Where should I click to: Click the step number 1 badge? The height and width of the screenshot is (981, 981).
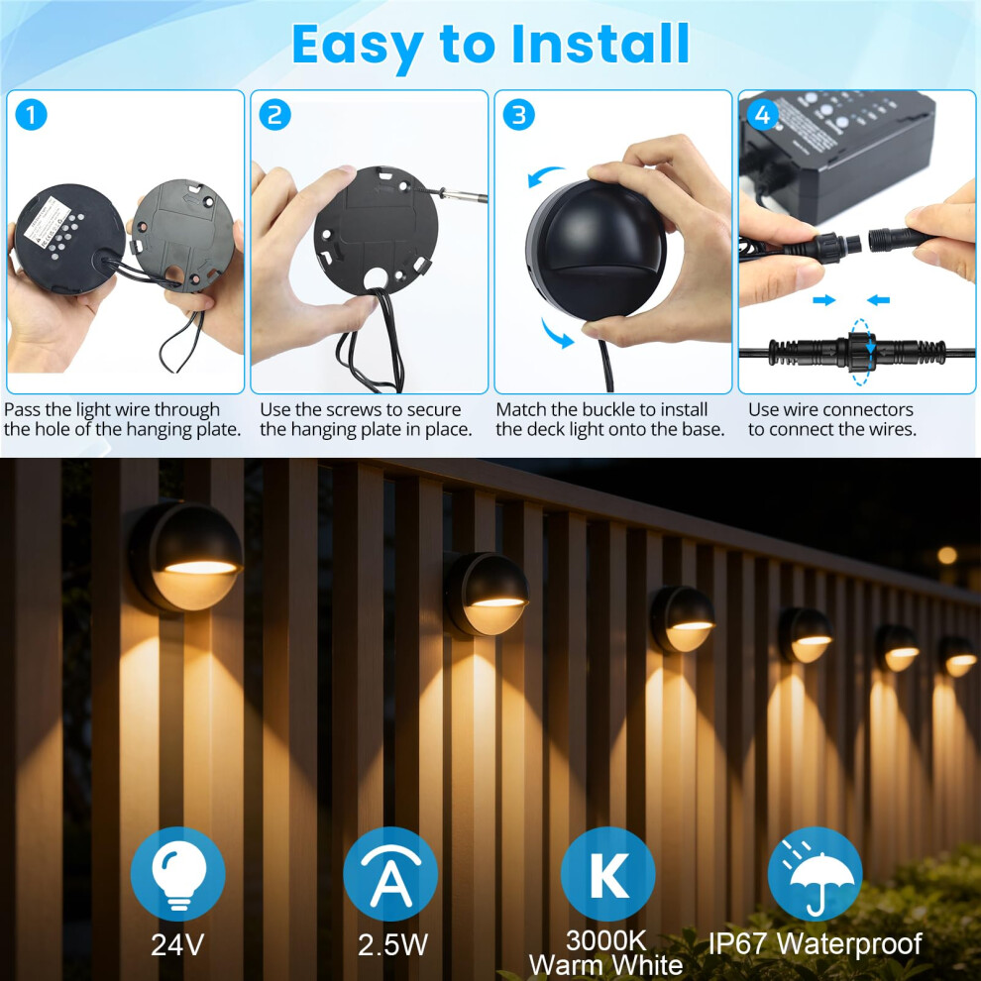[31, 115]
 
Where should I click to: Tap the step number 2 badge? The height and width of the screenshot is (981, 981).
[274, 115]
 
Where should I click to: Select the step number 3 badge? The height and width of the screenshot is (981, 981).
[518, 115]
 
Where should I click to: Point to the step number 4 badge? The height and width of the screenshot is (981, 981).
[763, 115]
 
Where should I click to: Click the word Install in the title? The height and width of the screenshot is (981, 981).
[599, 44]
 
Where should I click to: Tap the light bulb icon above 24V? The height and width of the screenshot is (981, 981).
[177, 873]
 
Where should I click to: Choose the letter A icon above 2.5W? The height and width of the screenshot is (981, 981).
[390, 873]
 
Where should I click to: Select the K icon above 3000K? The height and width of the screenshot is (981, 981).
[607, 873]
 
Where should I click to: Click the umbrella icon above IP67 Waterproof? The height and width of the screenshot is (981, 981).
[815, 873]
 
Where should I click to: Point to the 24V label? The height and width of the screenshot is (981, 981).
[177, 944]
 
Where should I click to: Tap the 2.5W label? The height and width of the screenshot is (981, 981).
[392, 944]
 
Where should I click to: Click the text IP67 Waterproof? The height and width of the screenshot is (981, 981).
[815, 943]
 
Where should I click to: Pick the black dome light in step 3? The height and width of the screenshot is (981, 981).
[596, 249]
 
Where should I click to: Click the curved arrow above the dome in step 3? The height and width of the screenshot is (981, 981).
[546, 175]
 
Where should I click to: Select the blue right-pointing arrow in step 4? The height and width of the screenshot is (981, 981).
[824, 300]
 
